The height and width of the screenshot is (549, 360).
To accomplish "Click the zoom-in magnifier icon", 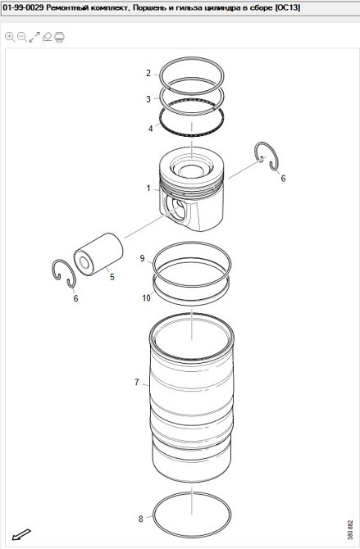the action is (x=10, y=37).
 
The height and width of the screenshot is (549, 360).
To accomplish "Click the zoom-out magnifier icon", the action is (x=22, y=37).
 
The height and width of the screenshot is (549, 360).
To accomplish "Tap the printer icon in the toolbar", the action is (x=59, y=37).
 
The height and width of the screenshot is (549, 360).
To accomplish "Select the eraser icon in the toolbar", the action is (x=47, y=37).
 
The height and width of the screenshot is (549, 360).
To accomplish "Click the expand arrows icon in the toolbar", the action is (x=34, y=37).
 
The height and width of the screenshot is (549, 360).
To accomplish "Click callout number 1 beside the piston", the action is (x=148, y=188).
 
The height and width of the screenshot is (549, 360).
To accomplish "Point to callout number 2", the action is (x=148, y=73).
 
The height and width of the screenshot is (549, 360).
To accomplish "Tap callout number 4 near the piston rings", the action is (x=150, y=129).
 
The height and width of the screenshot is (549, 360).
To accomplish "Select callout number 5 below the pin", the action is (x=112, y=277).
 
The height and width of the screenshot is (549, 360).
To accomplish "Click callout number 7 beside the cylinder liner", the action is (x=137, y=382).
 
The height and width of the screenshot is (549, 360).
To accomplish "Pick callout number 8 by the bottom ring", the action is (x=140, y=519).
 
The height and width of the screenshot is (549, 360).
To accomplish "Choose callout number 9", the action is (x=142, y=258).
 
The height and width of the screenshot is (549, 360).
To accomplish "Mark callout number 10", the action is (x=146, y=297).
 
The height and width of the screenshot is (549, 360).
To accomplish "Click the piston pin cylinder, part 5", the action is (x=100, y=253).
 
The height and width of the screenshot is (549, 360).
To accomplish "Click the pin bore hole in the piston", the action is (x=175, y=209).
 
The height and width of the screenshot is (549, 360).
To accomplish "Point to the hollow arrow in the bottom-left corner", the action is (x=21, y=534).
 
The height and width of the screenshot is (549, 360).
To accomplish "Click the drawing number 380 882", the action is (x=349, y=531).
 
